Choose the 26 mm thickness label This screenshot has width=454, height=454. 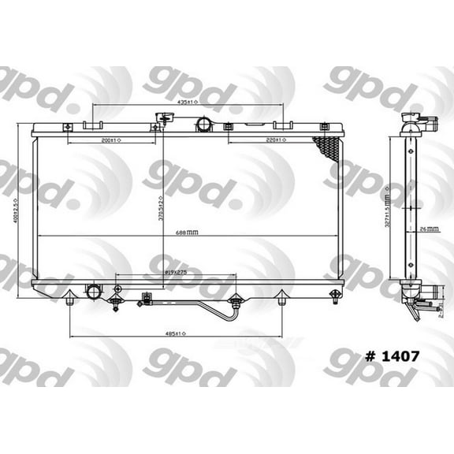430,229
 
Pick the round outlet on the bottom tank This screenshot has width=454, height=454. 94,292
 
